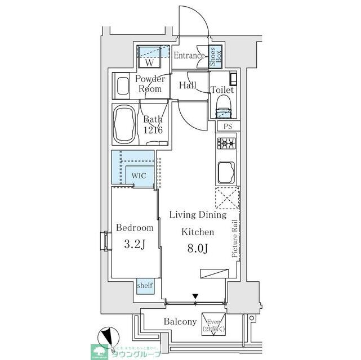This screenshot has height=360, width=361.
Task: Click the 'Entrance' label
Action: [189, 56]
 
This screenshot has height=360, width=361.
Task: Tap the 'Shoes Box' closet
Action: [216, 56]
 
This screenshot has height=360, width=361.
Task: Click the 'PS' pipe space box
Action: [227, 127]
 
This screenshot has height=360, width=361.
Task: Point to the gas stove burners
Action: [227, 144]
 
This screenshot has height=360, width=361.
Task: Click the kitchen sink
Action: [226, 173]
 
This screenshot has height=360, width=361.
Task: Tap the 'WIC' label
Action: [139, 175]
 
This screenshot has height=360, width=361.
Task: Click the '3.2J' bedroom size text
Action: [135, 245]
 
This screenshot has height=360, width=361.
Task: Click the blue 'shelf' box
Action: [144, 286]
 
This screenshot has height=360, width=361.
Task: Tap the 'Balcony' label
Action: [180, 322]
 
